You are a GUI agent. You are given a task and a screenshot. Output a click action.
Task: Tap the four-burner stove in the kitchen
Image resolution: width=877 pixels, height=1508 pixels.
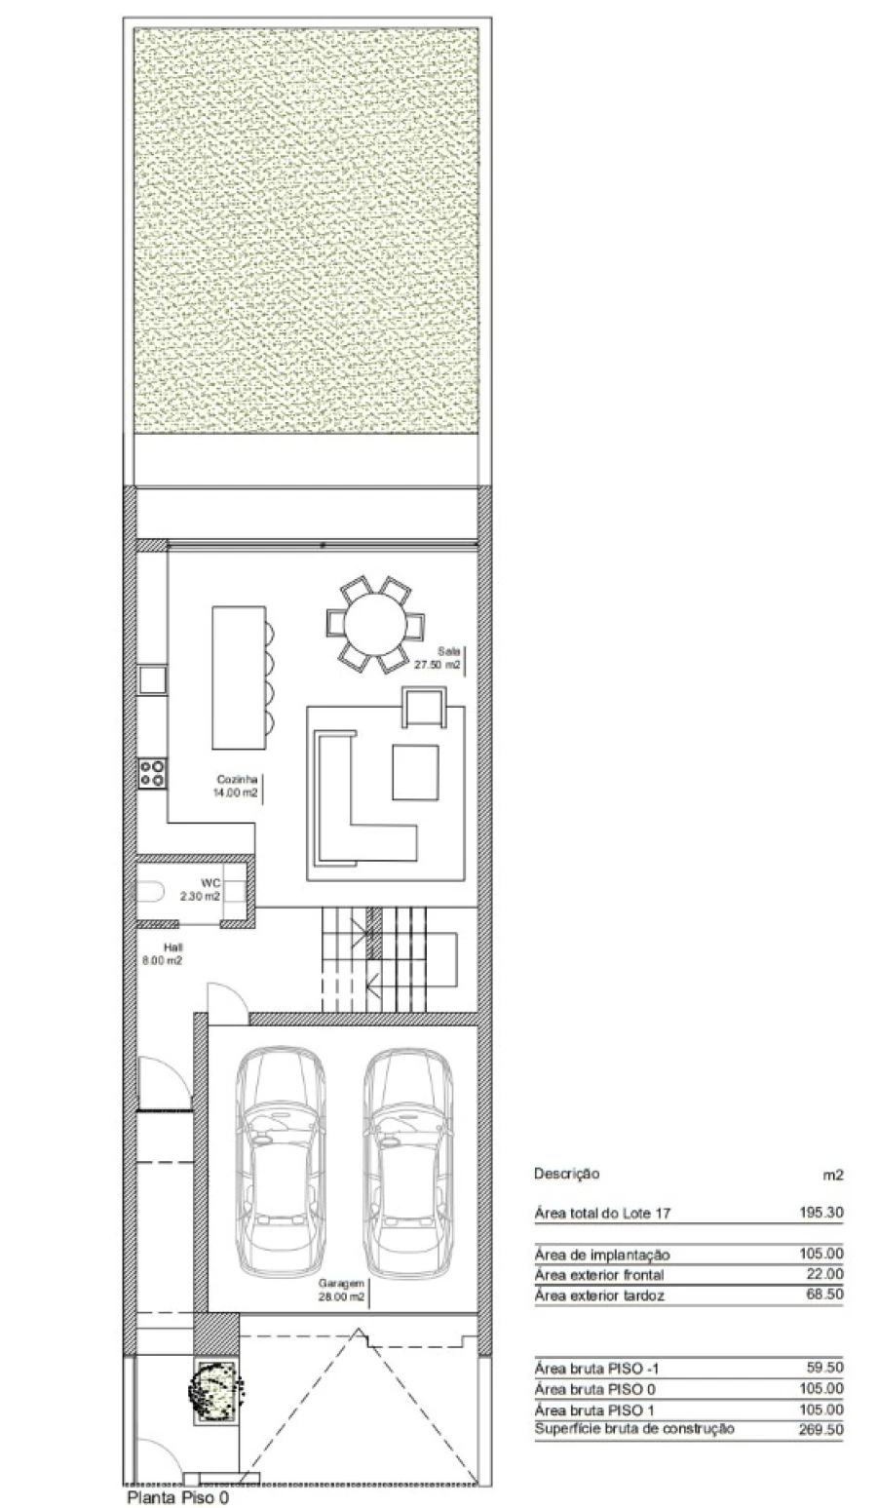pos(152,772)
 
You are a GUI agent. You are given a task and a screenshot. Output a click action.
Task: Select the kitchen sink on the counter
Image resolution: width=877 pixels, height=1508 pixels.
pos(152,679)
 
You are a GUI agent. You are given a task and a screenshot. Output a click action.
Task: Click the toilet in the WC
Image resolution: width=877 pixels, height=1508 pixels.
pos(149,893)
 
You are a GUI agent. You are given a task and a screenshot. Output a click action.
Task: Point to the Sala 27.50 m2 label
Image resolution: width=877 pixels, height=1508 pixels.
pos(438,658)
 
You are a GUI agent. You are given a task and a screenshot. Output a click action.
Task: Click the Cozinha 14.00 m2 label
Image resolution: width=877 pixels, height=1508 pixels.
pos(236,786)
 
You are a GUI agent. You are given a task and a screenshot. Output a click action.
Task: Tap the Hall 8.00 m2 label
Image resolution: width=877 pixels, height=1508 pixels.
pos(162,954)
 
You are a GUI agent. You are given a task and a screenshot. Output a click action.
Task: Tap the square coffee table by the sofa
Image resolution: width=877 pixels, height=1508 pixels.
pos(415,772)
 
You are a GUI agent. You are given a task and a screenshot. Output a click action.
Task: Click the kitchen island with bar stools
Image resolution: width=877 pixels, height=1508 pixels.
pos(244,677)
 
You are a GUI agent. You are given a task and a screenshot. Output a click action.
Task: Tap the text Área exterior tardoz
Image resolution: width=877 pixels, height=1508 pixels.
pos(599,1295)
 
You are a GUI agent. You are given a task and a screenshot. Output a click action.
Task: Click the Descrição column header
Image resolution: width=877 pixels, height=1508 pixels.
pos(566,1174)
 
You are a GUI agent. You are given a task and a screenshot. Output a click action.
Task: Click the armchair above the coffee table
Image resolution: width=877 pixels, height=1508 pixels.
pos(424,706)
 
